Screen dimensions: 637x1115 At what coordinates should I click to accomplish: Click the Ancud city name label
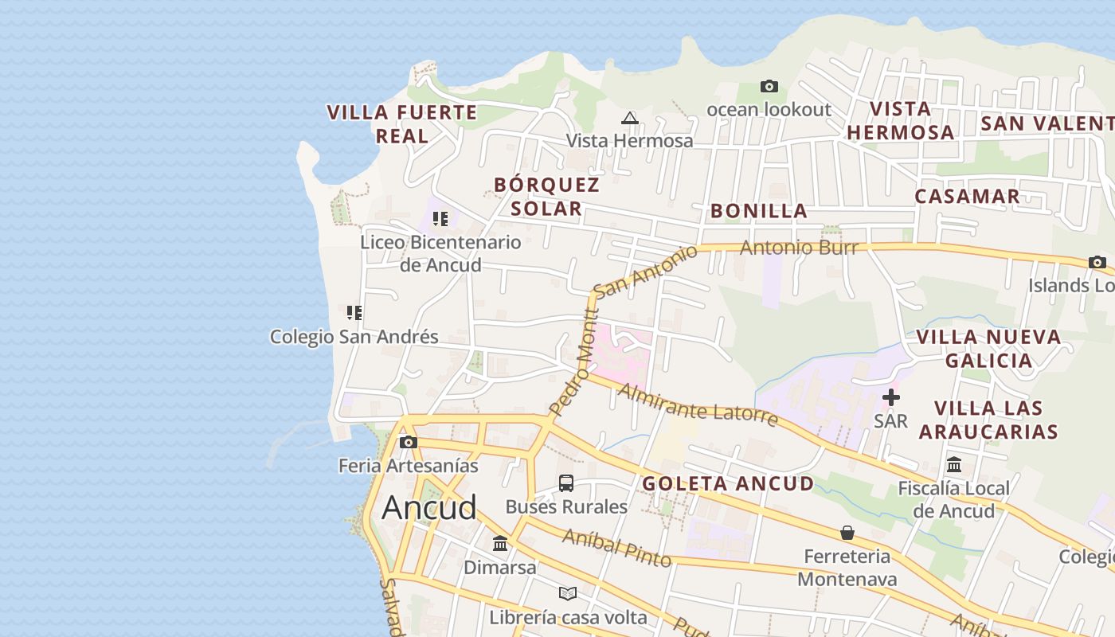(x=429, y=508)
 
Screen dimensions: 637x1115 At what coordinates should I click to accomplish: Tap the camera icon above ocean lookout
(x=769, y=86)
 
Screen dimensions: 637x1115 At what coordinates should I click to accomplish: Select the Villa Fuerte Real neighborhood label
(x=402, y=124)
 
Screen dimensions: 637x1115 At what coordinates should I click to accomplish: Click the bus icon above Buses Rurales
(x=566, y=483)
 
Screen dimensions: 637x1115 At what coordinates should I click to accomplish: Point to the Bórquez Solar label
(x=546, y=197)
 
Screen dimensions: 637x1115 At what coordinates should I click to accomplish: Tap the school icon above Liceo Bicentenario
(x=440, y=219)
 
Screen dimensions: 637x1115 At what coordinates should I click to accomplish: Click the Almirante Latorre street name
(x=698, y=404)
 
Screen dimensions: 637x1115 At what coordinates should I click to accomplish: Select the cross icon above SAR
(x=890, y=397)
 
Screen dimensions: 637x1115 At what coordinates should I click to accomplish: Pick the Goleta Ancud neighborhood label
(x=728, y=483)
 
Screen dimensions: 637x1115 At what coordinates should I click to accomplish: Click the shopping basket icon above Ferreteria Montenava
(x=847, y=532)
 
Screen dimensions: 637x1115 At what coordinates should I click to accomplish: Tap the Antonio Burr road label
(x=799, y=248)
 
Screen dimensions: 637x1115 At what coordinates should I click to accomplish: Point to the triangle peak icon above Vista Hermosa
(x=630, y=119)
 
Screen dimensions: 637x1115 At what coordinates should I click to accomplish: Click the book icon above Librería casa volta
(x=567, y=593)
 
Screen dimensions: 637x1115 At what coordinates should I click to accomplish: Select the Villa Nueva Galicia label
(x=988, y=349)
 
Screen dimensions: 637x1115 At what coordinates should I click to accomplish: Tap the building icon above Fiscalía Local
(x=954, y=464)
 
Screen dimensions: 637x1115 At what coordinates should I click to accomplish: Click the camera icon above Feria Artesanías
(x=409, y=442)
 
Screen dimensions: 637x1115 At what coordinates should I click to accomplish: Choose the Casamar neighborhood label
(x=967, y=197)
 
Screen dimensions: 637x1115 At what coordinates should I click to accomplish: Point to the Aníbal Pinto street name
(x=616, y=548)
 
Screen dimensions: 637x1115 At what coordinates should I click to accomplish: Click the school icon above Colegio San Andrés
(x=354, y=313)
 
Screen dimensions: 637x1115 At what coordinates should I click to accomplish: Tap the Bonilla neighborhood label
(x=759, y=211)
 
